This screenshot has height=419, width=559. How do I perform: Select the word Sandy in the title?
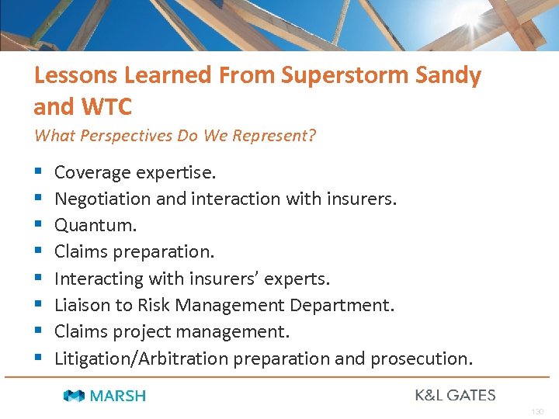tap(448, 75)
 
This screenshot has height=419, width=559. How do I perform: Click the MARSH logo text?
tap(117, 396)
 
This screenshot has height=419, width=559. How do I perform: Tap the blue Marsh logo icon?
tap(75, 396)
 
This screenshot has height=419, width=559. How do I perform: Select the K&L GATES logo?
tap(455, 395)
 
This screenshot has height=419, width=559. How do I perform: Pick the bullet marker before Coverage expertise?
tap(38, 172)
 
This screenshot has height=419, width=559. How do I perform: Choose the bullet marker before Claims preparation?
tap(38, 252)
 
